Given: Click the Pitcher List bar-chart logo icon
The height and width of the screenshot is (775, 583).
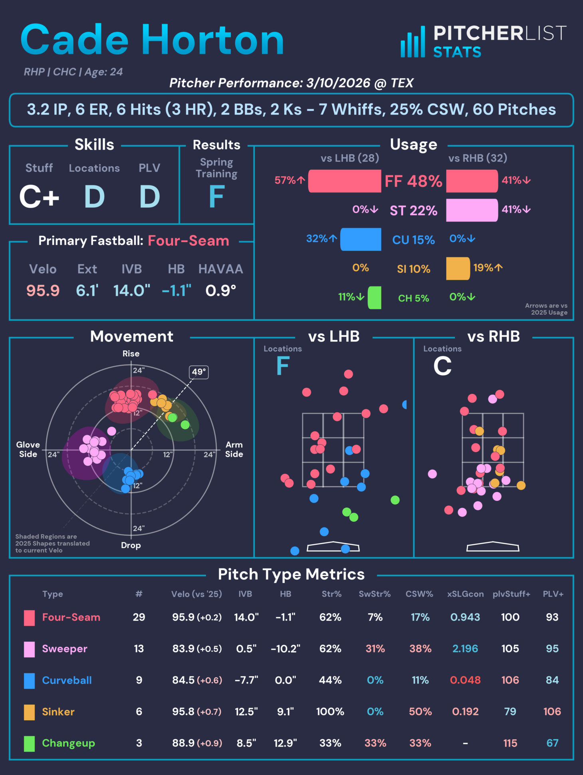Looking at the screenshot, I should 413,42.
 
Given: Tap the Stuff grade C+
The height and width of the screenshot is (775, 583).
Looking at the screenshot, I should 39,197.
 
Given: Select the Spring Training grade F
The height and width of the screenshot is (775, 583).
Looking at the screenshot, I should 216,197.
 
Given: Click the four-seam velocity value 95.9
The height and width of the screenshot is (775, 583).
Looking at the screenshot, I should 43,290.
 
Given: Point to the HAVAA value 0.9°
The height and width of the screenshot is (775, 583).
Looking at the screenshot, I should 221,290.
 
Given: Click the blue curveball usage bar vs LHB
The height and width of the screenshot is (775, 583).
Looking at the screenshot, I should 361,239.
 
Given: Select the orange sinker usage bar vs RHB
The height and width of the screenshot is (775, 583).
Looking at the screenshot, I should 458,268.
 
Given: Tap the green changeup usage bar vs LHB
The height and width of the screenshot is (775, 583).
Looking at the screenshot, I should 375,298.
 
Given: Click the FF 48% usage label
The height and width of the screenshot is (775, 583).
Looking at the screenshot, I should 413,181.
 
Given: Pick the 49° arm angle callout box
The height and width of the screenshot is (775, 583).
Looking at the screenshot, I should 199,372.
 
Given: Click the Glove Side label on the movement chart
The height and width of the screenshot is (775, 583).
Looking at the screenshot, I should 28,449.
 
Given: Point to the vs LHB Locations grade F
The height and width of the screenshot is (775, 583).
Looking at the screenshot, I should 283,366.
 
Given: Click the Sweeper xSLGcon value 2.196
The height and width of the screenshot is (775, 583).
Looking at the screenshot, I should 465,648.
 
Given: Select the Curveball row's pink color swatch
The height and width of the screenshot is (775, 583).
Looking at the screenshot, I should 29,680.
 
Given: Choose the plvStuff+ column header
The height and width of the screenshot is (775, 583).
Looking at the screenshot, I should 511,594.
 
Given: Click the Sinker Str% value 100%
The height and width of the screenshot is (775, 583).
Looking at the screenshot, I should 330,711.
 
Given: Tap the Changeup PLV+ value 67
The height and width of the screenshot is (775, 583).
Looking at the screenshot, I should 552,743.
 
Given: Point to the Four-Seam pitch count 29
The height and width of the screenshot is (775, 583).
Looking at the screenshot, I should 139,617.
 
